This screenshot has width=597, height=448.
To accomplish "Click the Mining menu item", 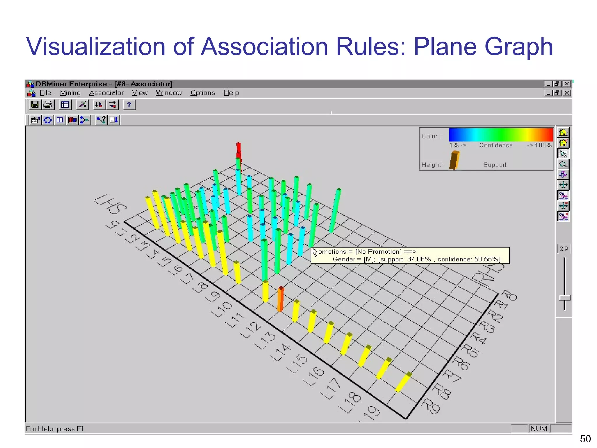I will pos(70,93).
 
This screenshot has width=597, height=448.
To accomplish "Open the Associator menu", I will pos(106,93).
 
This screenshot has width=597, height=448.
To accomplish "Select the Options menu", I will pos(203,93).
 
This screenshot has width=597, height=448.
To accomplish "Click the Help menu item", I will pos(231,93).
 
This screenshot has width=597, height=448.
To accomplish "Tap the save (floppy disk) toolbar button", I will pos(35,105).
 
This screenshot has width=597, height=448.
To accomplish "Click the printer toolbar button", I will pos(48,105).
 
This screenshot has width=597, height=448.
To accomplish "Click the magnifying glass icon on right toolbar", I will pos(563,164).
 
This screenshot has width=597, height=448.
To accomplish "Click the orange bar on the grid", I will pos(280,299).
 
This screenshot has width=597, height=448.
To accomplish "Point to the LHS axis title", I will pos(110,204).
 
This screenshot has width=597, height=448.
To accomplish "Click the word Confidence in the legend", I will pos(496,145).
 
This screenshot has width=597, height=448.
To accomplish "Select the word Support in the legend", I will pos(495,165).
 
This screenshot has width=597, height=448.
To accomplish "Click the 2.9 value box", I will pos(563,249).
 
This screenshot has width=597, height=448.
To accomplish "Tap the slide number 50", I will pos(585,439).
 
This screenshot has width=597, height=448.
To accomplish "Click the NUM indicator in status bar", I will pos(538,428).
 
